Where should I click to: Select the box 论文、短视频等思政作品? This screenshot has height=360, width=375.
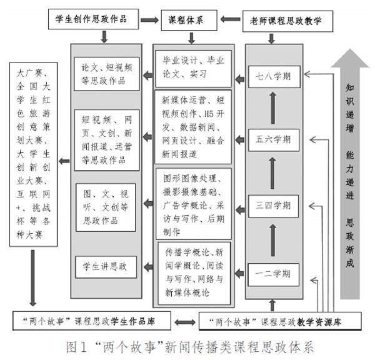click(107, 74)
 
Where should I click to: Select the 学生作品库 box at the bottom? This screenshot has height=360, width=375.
click(92, 322)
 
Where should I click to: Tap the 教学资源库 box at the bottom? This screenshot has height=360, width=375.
click(281, 322)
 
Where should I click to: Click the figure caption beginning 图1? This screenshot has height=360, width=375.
click(188, 346)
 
